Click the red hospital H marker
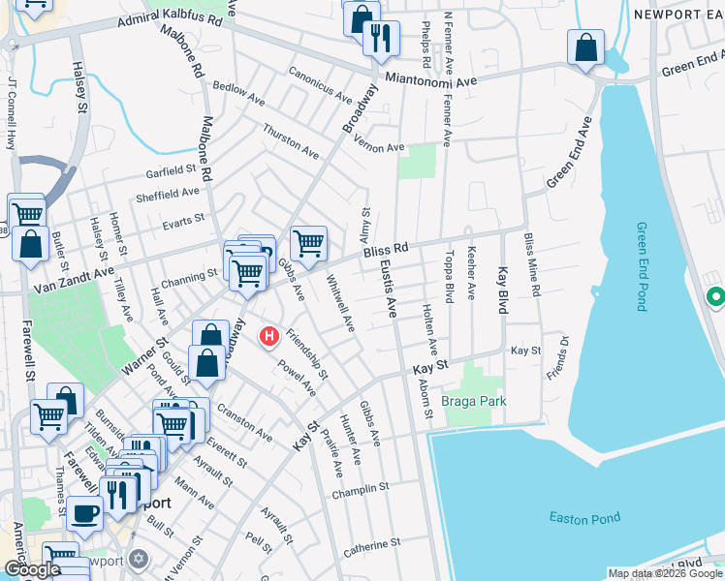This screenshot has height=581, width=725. click(x=269, y=337)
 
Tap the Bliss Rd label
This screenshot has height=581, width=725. click(x=386, y=252)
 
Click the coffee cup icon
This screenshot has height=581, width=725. click(x=84, y=513)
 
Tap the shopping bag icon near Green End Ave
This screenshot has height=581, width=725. click(x=586, y=47)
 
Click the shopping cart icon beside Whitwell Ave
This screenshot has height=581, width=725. click(x=308, y=242)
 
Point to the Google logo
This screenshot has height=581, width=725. click(x=31, y=569)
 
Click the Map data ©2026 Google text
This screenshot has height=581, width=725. click(x=665, y=573)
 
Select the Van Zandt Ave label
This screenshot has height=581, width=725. click(x=74, y=281)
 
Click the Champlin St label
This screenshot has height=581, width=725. click(x=360, y=489)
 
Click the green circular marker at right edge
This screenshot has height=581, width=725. click(x=715, y=296)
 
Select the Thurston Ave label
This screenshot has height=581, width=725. click(x=291, y=141)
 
